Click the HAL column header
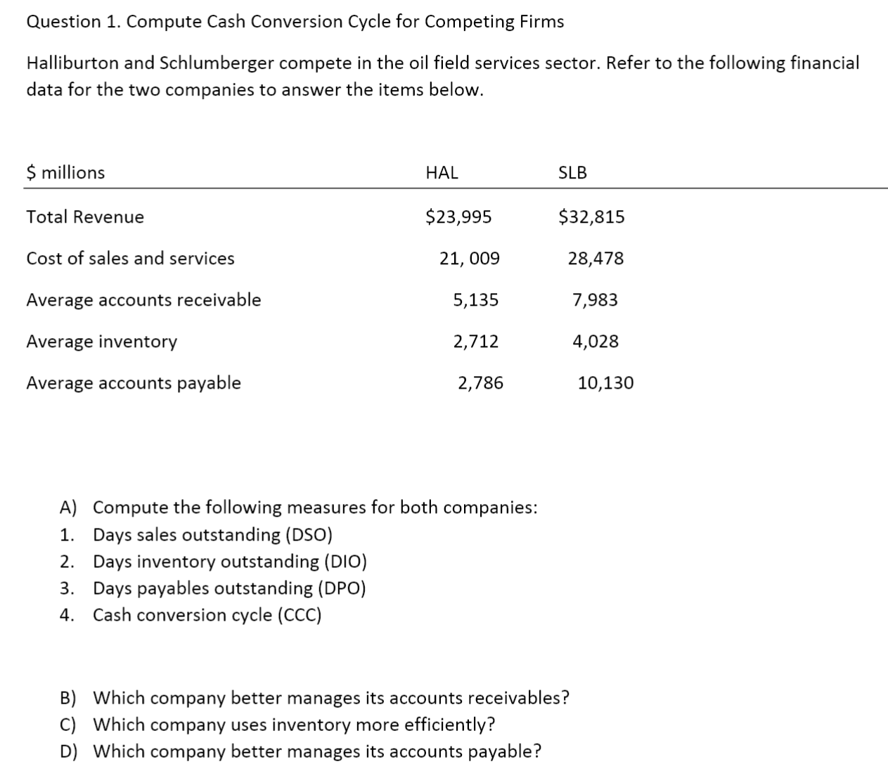442,173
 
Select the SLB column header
572,173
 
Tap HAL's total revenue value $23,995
458,217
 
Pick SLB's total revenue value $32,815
591,217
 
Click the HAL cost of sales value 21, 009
470,259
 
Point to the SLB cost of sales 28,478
596,259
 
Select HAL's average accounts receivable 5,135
475,300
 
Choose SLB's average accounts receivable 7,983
596,300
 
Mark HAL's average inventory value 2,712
475,342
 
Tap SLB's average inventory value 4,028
596,342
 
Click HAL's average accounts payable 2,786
480,383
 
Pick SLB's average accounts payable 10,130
605,383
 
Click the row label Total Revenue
85,217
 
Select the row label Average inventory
102,342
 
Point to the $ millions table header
65,173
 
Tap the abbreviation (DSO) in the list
309,535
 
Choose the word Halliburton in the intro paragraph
73,63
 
